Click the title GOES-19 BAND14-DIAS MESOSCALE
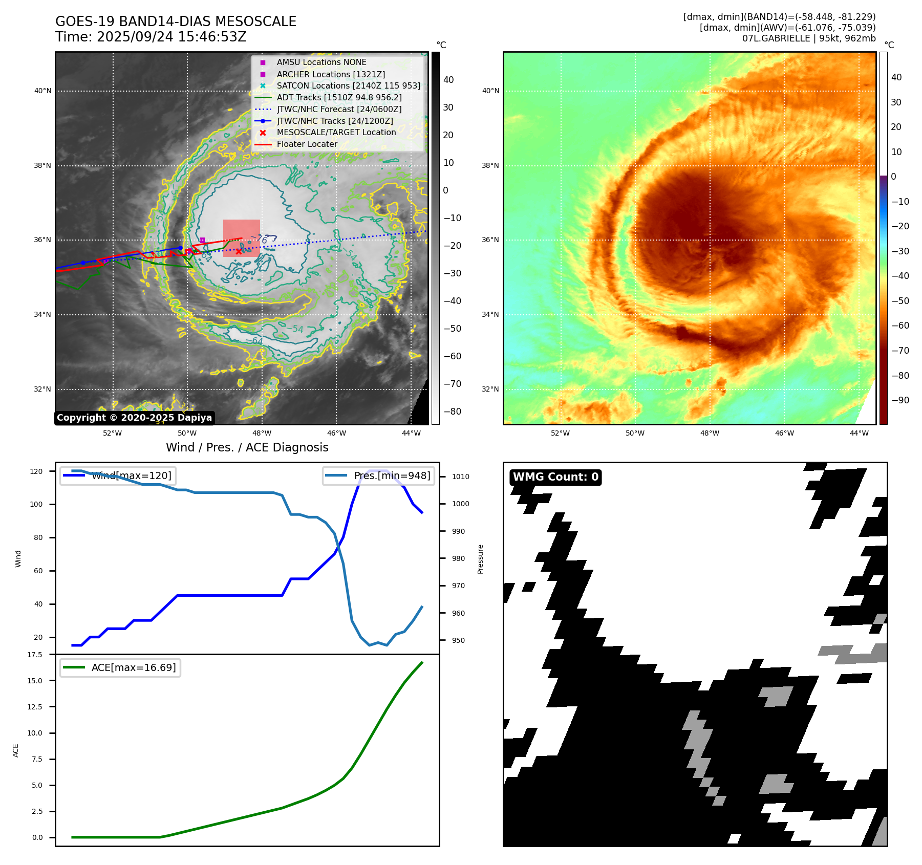(x=176, y=21)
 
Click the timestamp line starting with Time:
(x=151, y=37)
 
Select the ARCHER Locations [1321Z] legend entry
(x=330, y=74)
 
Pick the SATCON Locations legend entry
(x=348, y=86)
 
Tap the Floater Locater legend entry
(x=307, y=144)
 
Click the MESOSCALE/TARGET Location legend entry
(x=336, y=133)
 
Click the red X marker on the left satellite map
(x=239, y=251)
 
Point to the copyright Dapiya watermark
(x=134, y=418)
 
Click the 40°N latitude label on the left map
(x=43, y=91)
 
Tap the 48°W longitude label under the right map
(x=710, y=433)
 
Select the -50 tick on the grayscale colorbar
(x=452, y=329)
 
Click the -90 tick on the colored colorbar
(x=900, y=400)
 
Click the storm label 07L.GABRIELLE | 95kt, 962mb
(x=808, y=38)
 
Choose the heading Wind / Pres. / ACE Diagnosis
(x=247, y=447)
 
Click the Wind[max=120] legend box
(x=118, y=475)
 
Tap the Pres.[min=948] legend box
(x=378, y=475)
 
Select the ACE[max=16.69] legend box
(x=120, y=667)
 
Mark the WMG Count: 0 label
(x=555, y=477)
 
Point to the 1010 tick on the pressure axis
(x=460, y=477)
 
